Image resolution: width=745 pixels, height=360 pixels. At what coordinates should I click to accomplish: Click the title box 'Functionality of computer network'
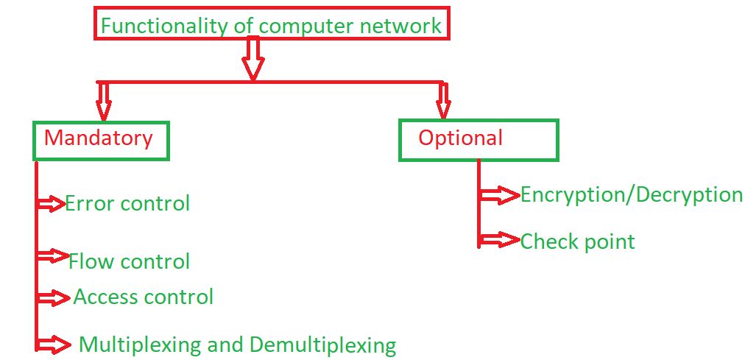(271, 26)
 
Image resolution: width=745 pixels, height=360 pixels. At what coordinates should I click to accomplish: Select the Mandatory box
(101, 139)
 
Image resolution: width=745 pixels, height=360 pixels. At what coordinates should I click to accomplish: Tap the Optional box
(479, 139)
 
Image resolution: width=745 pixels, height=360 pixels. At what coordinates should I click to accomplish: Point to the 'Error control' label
(127, 203)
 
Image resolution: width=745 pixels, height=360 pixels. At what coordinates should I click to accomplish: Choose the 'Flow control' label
(130, 261)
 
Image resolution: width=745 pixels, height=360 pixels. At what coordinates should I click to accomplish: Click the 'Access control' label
(144, 297)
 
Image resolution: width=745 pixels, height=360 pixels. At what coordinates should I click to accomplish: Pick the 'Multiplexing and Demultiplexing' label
(237, 345)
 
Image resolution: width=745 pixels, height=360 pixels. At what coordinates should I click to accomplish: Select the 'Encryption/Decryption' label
(631, 195)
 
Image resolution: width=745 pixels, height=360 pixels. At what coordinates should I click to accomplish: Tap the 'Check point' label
(577, 241)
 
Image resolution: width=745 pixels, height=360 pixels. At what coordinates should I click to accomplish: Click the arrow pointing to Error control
(52, 204)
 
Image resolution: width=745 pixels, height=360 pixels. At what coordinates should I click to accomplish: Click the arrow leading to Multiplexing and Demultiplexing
(54, 343)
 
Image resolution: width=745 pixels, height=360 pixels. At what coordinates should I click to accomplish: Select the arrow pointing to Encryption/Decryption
(500, 195)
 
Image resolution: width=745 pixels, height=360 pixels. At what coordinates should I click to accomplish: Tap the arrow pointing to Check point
(500, 240)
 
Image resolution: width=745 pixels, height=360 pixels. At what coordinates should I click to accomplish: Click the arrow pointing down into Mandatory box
(104, 100)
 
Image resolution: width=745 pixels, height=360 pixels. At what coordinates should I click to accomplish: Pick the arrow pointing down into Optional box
(442, 100)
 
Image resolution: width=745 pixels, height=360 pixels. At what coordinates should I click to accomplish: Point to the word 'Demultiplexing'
(322, 345)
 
